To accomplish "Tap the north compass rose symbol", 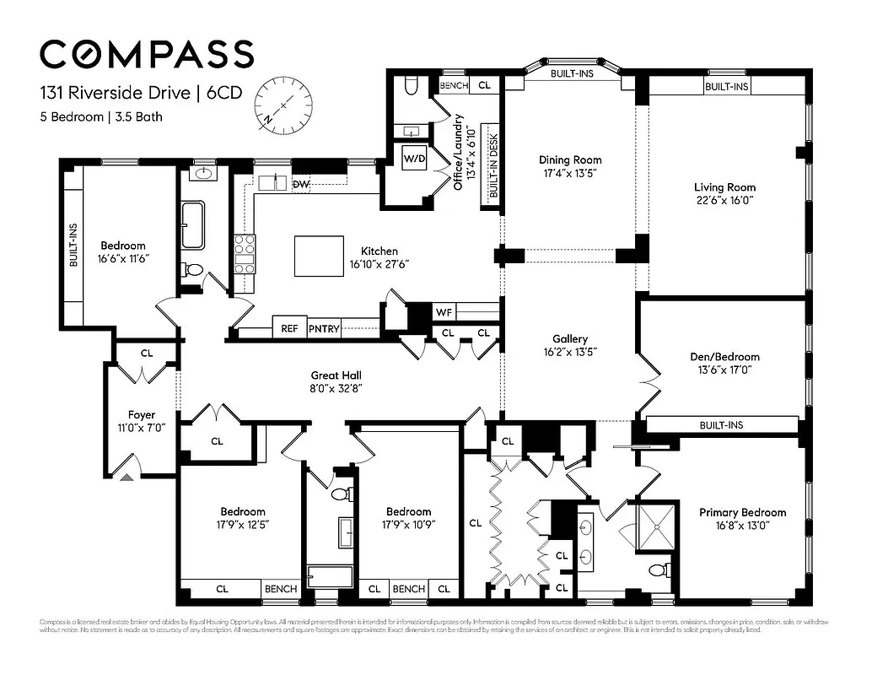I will point(285,102).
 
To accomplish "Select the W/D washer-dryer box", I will point(414,158).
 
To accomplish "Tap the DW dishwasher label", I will point(301,184).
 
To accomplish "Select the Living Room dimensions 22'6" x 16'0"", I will point(724,201).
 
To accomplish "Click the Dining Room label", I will point(570,159).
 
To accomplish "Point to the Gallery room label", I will point(569,339).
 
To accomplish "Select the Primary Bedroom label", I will point(742,512).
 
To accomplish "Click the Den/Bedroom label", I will point(724,357).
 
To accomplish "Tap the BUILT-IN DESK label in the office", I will point(493,169).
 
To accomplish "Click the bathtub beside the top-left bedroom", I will point(192,224).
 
